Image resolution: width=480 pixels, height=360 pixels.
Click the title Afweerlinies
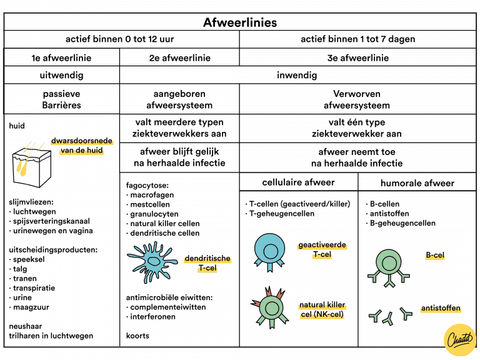click(240, 22)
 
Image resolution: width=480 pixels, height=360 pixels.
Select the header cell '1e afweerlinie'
click(61, 58)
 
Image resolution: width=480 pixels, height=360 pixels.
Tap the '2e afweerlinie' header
click(179, 58)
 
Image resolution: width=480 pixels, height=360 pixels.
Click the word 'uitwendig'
click(61, 76)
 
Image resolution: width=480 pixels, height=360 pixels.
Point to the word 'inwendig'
click(297, 76)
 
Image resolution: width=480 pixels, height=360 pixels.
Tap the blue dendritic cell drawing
click(151, 259)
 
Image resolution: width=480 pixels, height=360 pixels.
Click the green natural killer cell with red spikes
click(270, 306)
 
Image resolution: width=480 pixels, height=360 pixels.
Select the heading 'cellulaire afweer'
click(298, 182)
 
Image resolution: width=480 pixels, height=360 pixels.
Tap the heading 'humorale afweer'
click(417, 183)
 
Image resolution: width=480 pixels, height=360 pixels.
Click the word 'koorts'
click(138, 336)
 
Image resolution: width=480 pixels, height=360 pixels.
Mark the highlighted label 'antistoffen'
click(441, 309)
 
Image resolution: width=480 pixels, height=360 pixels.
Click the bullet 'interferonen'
click(152, 317)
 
